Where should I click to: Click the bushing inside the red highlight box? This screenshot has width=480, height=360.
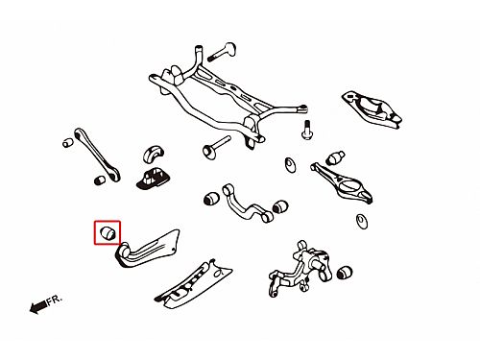[108, 232]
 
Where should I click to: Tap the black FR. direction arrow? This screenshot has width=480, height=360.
[38, 307]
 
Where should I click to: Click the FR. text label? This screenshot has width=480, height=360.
[55, 300]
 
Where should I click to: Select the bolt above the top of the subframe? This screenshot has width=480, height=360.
[222, 51]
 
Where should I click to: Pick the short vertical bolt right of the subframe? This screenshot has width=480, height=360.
[306, 130]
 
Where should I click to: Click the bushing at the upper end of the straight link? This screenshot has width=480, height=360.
[67, 142]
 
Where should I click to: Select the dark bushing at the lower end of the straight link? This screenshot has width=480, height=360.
[101, 180]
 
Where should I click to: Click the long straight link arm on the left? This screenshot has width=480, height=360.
[97, 155]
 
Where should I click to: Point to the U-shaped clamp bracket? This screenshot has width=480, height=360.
[154, 155]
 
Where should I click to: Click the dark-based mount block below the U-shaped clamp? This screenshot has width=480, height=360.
[152, 179]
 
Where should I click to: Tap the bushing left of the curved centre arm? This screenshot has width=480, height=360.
[211, 199]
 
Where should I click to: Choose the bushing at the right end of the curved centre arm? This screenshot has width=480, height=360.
[280, 206]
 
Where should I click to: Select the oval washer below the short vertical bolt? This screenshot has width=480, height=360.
[291, 165]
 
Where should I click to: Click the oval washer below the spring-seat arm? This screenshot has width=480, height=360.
[362, 221]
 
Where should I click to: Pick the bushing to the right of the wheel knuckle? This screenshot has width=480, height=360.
[345, 273]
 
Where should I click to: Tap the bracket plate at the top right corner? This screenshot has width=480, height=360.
[372, 108]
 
